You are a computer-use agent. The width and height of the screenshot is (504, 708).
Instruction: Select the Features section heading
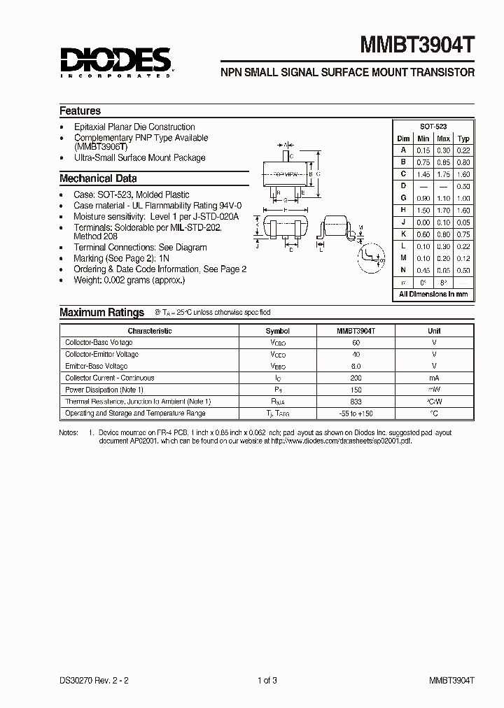click(80, 111)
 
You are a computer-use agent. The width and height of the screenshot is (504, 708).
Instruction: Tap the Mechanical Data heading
click(98, 178)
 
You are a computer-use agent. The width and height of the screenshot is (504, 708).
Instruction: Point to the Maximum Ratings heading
click(101, 313)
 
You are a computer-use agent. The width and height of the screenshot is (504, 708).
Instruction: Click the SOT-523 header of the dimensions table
click(433, 127)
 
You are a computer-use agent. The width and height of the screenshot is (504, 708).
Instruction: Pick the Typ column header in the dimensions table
click(463, 139)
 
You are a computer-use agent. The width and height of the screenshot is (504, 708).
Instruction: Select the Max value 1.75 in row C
click(443, 174)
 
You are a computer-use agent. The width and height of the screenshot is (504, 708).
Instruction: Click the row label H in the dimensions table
click(404, 211)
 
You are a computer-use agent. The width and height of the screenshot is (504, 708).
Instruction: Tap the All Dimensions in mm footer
click(433, 295)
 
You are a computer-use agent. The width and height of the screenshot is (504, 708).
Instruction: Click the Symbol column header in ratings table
click(277, 331)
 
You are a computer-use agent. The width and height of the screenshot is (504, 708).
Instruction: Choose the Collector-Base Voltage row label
click(99, 343)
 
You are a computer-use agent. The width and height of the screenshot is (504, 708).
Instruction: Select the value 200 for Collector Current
click(356, 378)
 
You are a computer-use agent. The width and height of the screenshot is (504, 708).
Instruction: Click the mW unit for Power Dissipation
click(434, 390)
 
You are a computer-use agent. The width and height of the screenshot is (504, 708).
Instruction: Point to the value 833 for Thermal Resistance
click(356, 402)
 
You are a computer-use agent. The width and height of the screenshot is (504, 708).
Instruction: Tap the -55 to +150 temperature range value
click(356, 413)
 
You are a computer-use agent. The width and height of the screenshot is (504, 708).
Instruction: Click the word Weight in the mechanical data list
click(88, 281)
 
